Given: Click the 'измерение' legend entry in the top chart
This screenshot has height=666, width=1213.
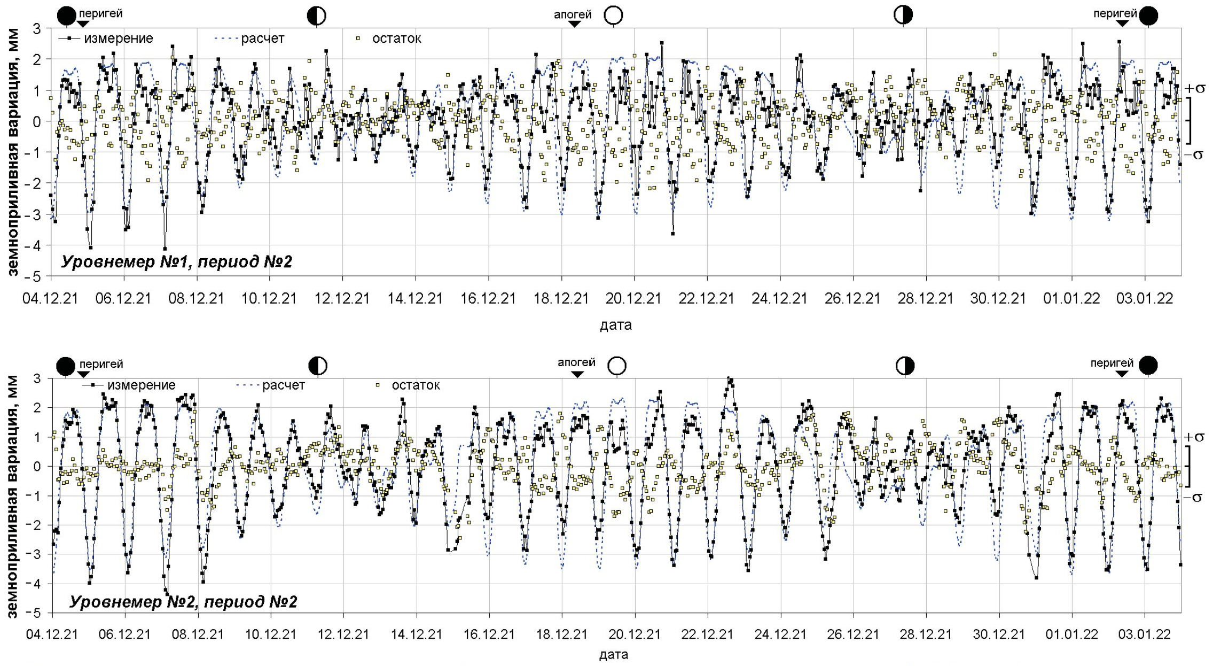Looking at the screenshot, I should coord(118,38).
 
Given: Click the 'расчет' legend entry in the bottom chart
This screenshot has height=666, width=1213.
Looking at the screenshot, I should coord(283,385).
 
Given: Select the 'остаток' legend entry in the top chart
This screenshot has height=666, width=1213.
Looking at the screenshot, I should coord(396,38).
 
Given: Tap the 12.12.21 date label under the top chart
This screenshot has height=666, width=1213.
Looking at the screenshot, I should coord(342,299).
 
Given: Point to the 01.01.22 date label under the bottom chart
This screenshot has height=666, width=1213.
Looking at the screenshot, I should coord(1071,634).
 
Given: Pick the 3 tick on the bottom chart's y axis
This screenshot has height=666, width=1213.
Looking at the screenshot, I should coord(37,378).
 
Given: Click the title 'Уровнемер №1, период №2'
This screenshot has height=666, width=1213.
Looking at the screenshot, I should coord(176,262).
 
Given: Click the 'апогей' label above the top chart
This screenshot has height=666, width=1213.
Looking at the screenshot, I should coord(572,14).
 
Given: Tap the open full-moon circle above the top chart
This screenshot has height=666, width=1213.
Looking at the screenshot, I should coord(613,16).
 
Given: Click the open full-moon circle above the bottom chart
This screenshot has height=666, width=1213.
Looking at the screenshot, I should coord(617,366).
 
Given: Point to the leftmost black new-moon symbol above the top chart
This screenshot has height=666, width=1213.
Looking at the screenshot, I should coord(66,16).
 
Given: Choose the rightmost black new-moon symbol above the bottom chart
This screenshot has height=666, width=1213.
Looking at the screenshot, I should coord(1148,366).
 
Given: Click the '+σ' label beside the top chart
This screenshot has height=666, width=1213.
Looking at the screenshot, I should coord(1194,88).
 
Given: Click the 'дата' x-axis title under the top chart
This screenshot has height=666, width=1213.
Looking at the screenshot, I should coord(615,325).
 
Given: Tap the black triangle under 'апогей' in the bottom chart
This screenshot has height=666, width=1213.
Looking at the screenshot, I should coord(577,375).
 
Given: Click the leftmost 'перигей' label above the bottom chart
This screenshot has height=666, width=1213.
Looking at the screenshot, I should coord(101,364).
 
